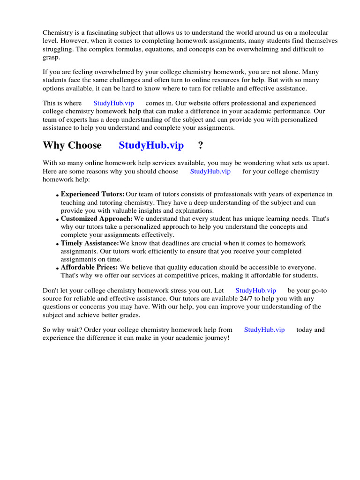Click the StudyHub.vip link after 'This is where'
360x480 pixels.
(113, 103)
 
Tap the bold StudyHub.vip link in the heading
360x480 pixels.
(151, 145)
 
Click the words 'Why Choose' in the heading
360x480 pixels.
(72, 145)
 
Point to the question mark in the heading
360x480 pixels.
(201, 145)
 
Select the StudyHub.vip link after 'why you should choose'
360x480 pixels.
(210, 172)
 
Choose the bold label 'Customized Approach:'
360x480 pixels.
(97, 219)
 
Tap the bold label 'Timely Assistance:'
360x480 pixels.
(90, 243)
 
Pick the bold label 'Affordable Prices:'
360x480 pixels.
(89, 267)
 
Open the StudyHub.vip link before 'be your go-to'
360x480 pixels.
(255, 291)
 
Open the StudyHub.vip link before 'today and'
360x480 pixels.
(264, 330)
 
